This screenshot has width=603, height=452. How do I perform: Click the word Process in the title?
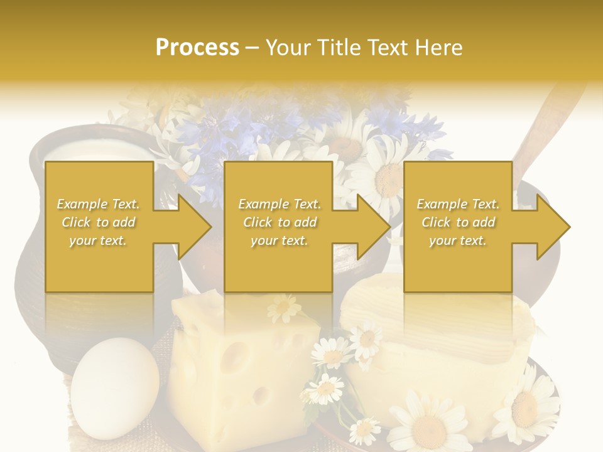click(197, 47)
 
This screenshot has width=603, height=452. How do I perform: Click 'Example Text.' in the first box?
click(98, 204)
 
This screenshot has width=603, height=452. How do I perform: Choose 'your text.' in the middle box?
click(280, 240)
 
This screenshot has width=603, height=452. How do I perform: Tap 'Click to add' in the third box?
click(458, 222)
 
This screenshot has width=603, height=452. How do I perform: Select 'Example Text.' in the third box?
click(458, 204)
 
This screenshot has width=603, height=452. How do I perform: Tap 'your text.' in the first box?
click(98, 240)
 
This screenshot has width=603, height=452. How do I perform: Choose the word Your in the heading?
click(288, 47)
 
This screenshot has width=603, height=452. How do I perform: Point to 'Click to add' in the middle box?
click(280, 222)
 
